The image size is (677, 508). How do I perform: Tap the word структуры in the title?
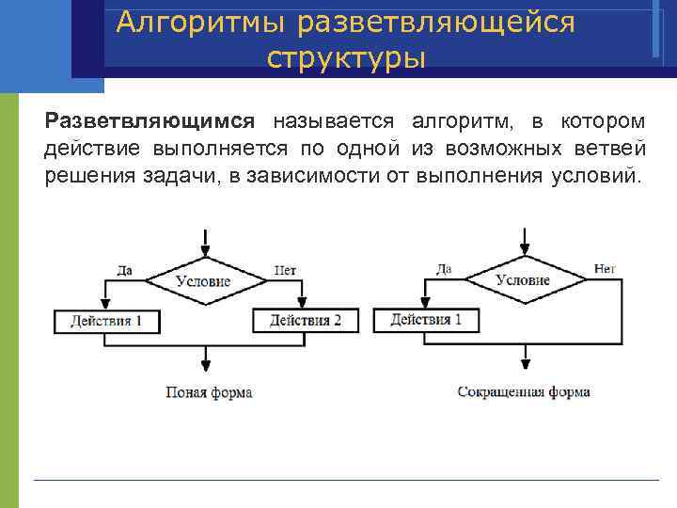[x=346, y=58]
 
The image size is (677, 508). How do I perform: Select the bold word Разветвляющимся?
[x=150, y=121]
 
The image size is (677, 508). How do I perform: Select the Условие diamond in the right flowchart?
[x=523, y=279]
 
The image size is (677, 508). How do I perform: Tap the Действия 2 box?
[x=306, y=320]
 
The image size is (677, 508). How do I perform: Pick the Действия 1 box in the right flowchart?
[x=426, y=320]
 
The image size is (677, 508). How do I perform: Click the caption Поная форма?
[x=209, y=391]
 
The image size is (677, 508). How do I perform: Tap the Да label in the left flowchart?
[x=124, y=270]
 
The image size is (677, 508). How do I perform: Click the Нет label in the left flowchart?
[x=285, y=270]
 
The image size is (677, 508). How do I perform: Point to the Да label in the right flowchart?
[x=443, y=269]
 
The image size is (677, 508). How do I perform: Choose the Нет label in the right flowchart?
[x=605, y=269]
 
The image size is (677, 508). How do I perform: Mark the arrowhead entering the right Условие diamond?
[x=523, y=250]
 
